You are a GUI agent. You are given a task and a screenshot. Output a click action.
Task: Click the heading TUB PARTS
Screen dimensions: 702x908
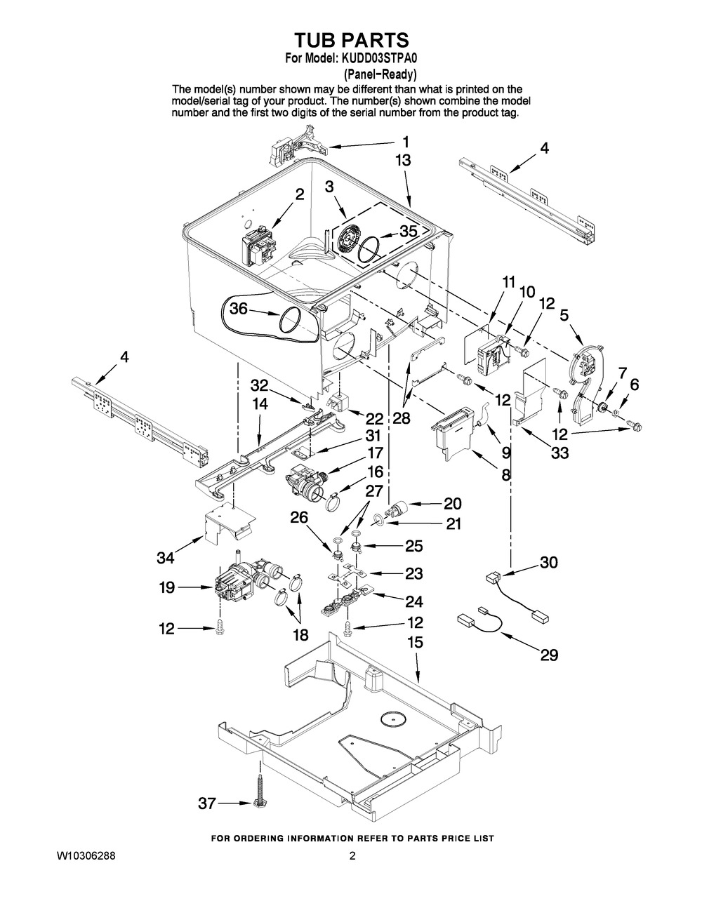[x=352, y=40]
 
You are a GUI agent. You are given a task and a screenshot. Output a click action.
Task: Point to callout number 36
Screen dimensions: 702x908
[x=239, y=309]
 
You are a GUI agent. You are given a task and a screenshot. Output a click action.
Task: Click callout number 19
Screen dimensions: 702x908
[x=166, y=587]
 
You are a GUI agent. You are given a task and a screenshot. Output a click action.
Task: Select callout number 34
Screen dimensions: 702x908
[x=166, y=557]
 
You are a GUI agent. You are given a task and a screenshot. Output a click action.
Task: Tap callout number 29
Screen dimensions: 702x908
[x=549, y=655]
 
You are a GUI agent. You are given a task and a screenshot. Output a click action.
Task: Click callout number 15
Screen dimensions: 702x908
[x=415, y=642]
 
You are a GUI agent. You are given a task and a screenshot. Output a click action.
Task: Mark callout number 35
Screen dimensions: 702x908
[x=408, y=231]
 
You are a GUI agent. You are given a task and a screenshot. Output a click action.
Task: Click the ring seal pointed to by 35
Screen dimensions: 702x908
[x=370, y=250]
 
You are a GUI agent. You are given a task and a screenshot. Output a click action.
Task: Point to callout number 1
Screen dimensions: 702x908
[x=405, y=142]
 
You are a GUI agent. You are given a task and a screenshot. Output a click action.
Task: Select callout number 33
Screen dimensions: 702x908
[x=560, y=452]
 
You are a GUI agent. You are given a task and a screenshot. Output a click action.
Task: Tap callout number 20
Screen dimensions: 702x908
[x=453, y=504]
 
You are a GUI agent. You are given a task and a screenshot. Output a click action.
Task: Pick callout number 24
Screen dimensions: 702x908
[x=413, y=601]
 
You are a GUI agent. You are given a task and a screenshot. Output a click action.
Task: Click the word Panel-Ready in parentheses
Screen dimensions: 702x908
[x=380, y=74]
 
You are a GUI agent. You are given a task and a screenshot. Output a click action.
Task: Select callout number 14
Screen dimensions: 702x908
[x=260, y=403]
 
